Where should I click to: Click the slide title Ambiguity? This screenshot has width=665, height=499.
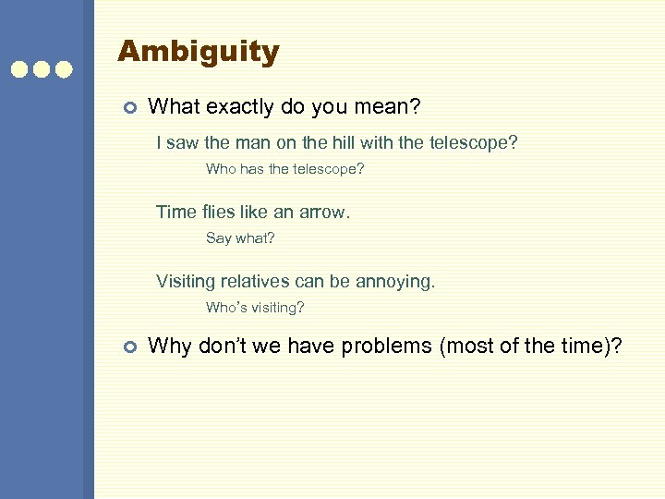coord(198,52)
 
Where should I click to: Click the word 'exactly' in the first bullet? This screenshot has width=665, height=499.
coord(248,108)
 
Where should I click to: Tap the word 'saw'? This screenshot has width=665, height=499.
coord(185,143)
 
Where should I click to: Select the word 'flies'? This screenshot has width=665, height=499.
coord(215,212)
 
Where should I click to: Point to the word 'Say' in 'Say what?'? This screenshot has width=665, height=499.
coord(219,237)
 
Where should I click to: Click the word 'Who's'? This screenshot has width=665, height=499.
coord(224,307)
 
